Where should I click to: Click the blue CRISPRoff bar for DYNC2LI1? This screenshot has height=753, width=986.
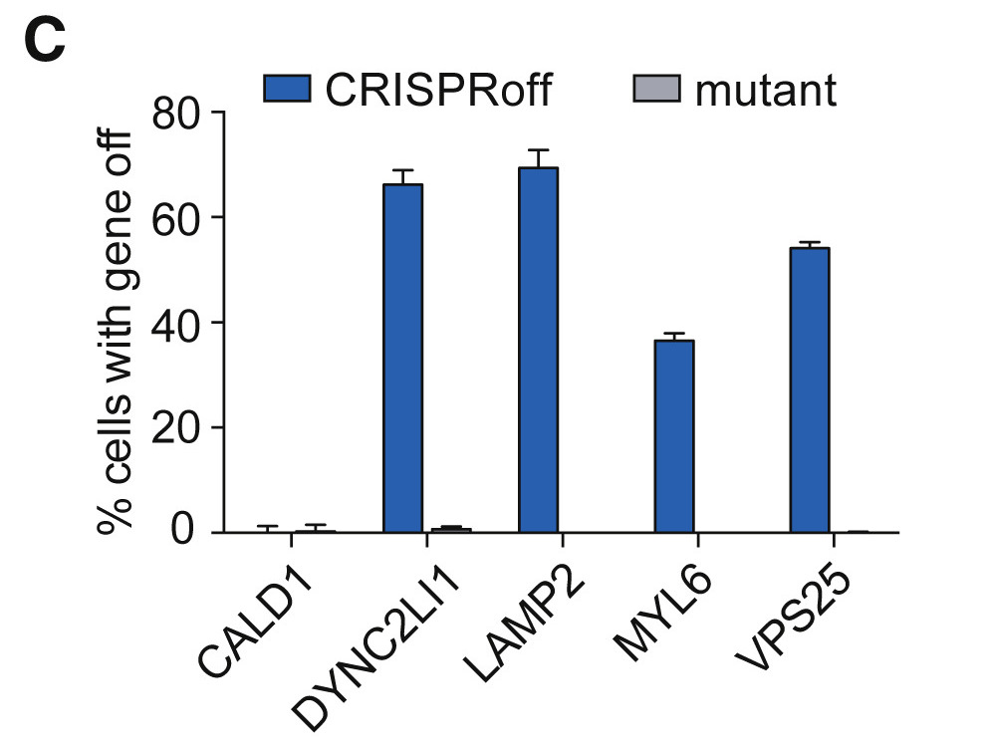tap(402, 359)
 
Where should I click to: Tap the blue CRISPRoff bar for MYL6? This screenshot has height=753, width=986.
tap(673, 436)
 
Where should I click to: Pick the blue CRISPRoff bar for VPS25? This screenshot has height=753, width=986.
tap(809, 390)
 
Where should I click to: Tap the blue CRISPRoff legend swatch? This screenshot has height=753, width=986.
tap(287, 90)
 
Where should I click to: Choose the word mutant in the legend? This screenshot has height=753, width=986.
tap(766, 91)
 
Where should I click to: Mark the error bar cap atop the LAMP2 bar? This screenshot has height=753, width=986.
tap(538, 150)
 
